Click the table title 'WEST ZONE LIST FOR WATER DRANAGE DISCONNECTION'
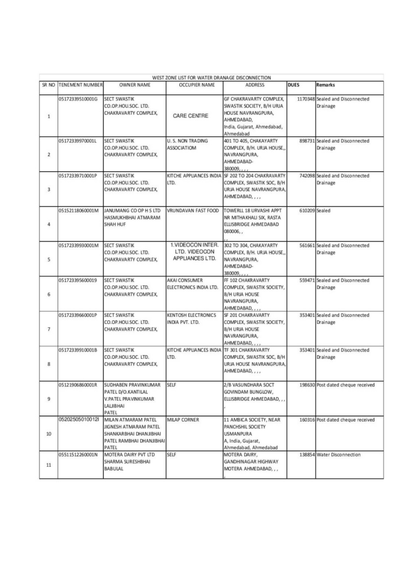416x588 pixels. pos(211,78)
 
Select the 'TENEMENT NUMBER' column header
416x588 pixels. pos(80,85)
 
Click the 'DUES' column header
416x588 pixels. pos(294,85)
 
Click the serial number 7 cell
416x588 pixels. pos(48,328)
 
